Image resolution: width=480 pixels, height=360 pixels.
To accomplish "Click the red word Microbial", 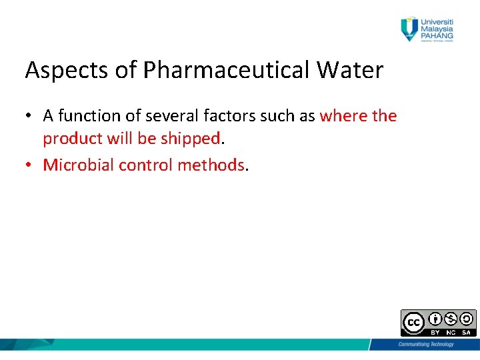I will pos(78,165).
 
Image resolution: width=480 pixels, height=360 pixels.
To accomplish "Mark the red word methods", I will pos(211,165).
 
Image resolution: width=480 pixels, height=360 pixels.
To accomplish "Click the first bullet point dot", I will pos(30,117).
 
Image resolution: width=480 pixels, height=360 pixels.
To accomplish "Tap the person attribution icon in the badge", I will pos(435,319).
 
